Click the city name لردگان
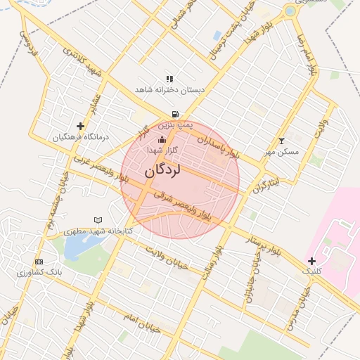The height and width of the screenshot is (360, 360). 163,171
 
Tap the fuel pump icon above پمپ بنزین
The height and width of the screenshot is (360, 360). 174,114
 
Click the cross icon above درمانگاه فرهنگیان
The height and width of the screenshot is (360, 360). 82,127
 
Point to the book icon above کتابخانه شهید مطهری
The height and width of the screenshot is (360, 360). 98,220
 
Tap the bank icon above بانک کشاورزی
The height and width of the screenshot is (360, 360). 39,261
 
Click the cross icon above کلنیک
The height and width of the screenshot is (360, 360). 311,261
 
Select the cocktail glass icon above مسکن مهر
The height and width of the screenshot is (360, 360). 282,141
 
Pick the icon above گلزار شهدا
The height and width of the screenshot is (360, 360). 162,139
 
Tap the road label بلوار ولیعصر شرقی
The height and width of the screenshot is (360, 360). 186,202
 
